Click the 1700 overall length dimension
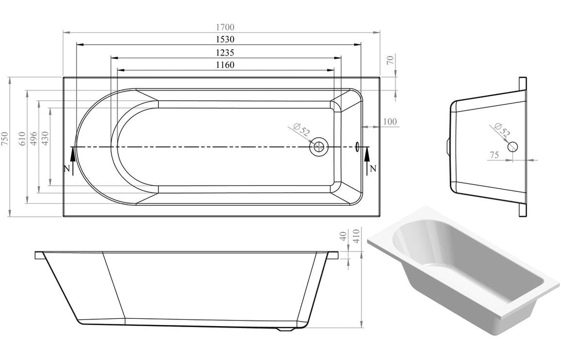[x=222, y=27]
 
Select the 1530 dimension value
[x=222, y=40]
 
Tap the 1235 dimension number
[x=225, y=52]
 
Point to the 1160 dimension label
[x=225, y=65]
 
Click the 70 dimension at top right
[x=390, y=60]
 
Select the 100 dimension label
[x=390, y=121]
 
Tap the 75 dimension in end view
[x=494, y=154]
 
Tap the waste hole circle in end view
[x=513, y=146]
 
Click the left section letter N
[x=66, y=168]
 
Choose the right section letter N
[x=373, y=168]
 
